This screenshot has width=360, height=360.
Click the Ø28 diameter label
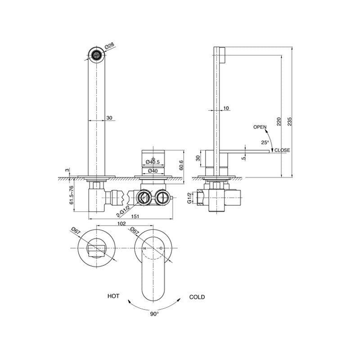(x=109, y=46)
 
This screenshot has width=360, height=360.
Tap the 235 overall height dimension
(x=289, y=121)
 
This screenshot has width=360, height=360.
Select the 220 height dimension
(x=279, y=121)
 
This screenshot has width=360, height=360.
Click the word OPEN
(x=260, y=127)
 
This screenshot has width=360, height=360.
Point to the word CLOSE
(x=282, y=150)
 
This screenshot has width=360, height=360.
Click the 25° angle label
(x=265, y=142)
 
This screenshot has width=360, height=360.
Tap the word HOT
(x=113, y=296)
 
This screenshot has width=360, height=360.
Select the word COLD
(x=197, y=297)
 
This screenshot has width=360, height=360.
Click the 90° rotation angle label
(x=154, y=314)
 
